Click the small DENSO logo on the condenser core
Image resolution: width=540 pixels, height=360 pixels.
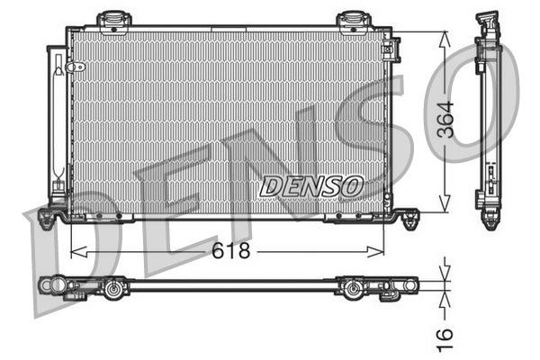(x=310, y=186)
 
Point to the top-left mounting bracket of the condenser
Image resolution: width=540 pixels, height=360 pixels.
(x=113, y=19)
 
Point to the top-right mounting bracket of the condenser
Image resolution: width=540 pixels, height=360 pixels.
(x=352, y=19)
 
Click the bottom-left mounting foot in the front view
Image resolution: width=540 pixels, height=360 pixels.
(x=51, y=217)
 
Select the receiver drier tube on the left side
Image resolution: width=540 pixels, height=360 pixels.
(x=58, y=121)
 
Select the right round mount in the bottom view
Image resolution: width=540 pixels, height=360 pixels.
(x=353, y=288)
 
